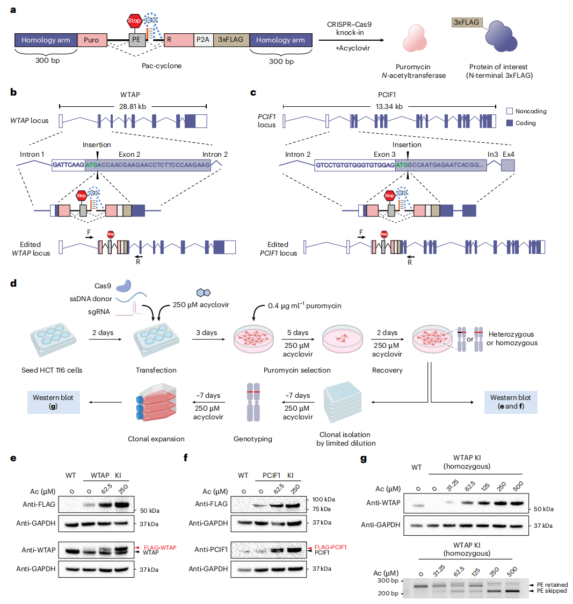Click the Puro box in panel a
(x=91, y=40)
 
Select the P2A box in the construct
(x=203, y=40)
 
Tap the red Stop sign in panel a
(x=134, y=21)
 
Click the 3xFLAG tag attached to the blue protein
(x=466, y=23)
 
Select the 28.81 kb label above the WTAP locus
(x=133, y=106)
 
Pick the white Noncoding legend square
(x=510, y=111)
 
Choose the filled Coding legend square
(x=510, y=123)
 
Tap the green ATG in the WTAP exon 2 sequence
(x=92, y=165)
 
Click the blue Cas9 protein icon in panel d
(x=124, y=285)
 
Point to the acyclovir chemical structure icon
(x=203, y=293)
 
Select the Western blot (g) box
(x=53, y=402)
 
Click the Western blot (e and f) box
(x=510, y=402)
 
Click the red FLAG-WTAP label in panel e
(x=159, y=548)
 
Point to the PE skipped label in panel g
(x=552, y=591)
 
